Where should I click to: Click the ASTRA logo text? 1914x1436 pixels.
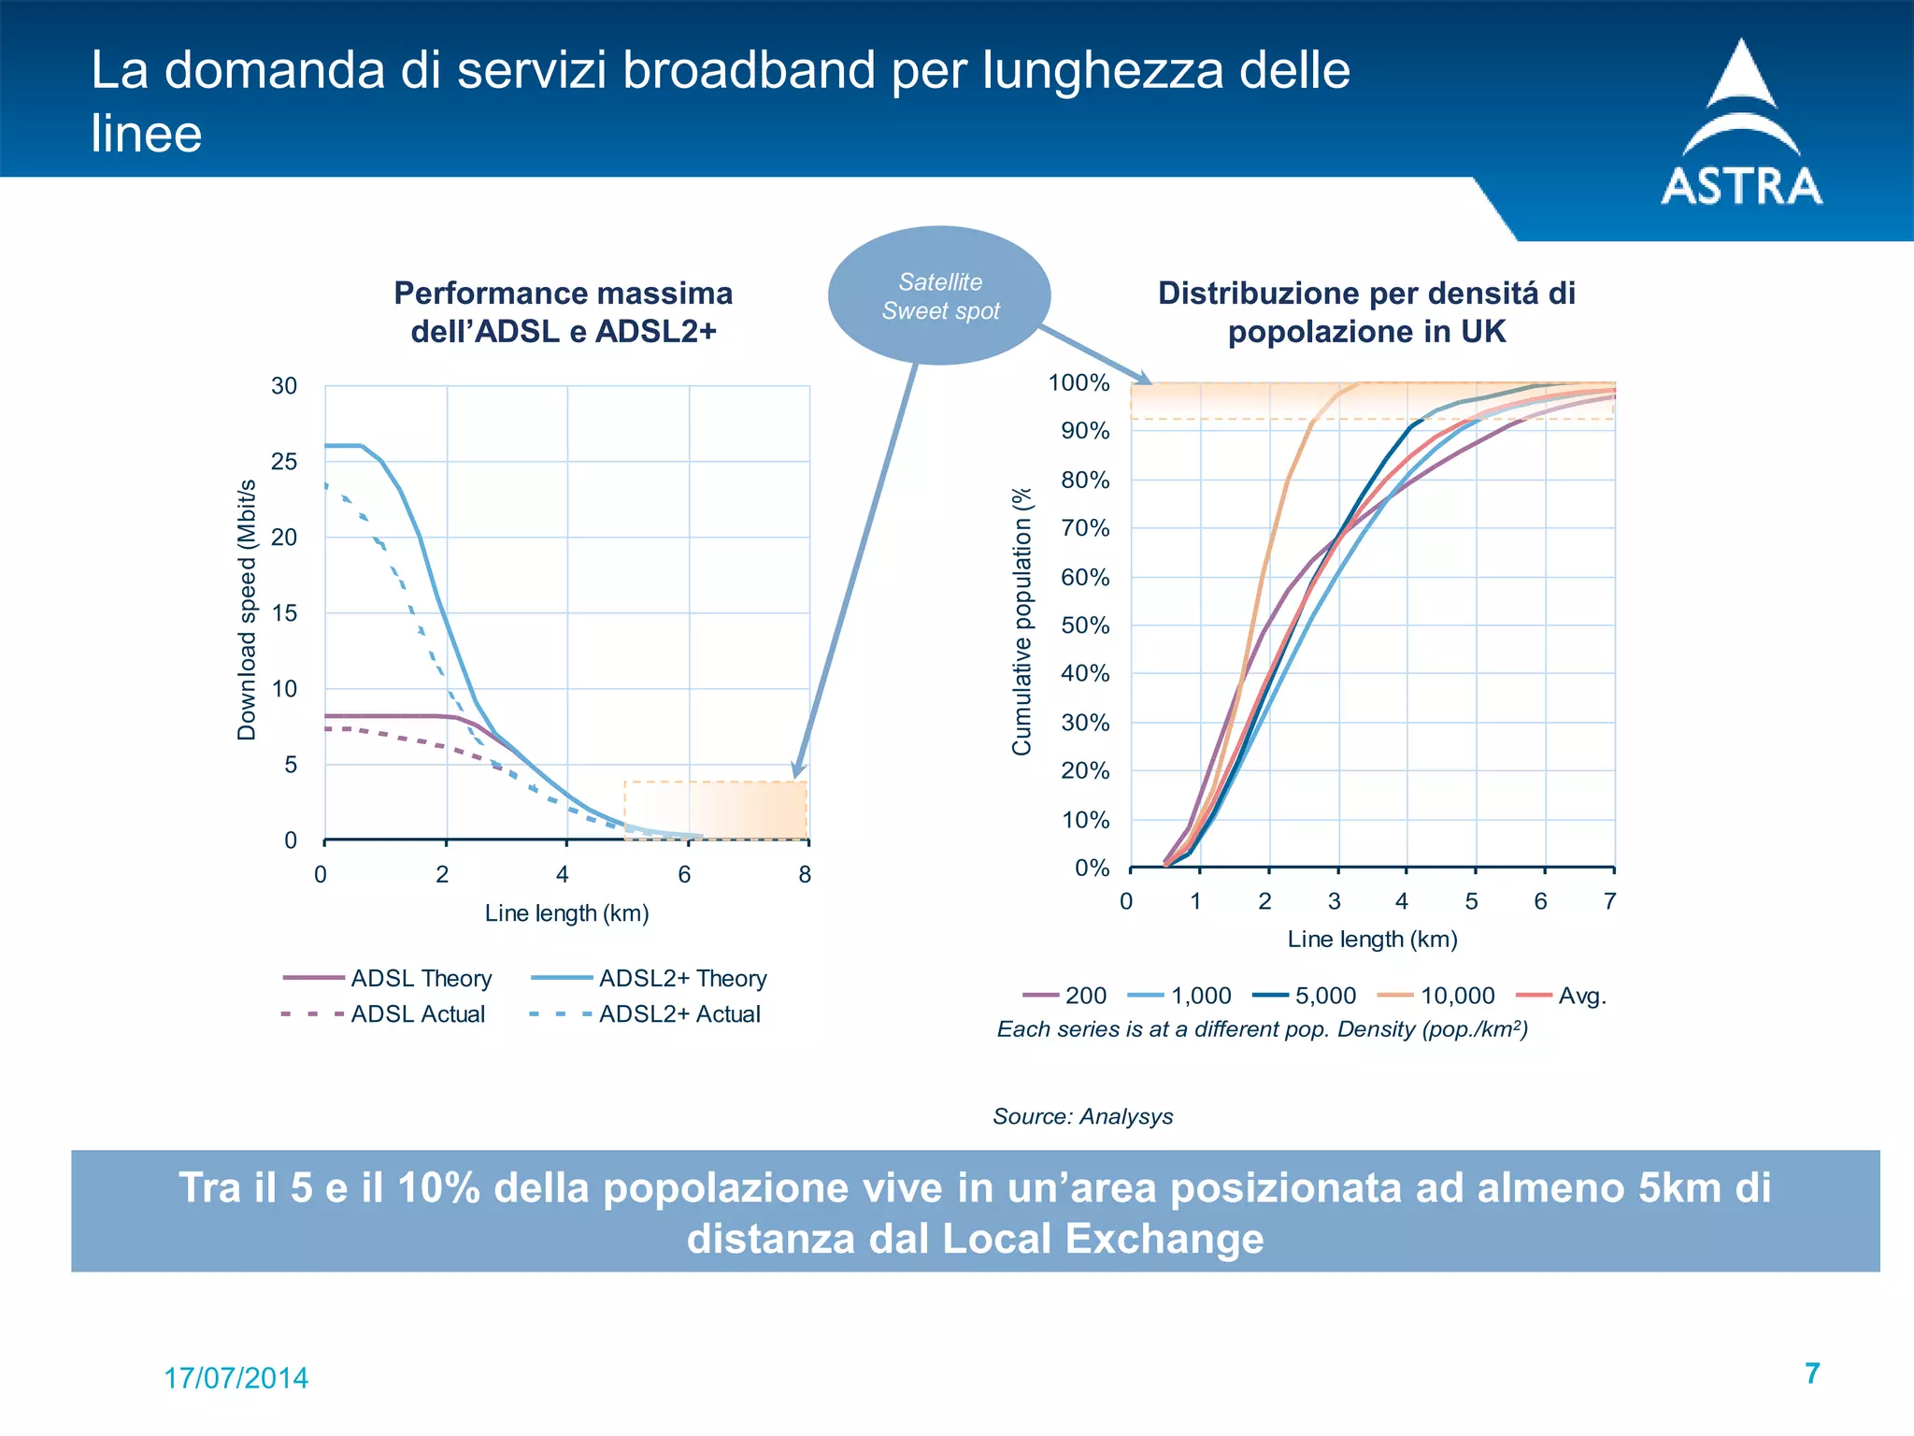click(1741, 186)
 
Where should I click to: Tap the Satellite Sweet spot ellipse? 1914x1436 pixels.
click(939, 295)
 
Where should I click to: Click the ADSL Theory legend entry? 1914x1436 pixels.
click(389, 978)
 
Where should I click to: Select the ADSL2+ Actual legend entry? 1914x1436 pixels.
click(645, 1013)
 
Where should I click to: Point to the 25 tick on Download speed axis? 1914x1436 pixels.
click(284, 462)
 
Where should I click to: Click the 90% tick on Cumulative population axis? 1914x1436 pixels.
click(1085, 431)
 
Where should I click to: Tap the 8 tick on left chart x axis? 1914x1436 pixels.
click(805, 875)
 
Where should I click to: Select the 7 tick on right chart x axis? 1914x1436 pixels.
click(1609, 901)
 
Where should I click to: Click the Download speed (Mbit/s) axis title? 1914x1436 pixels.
click(247, 610)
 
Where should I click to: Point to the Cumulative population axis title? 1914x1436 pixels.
click(1021, 621)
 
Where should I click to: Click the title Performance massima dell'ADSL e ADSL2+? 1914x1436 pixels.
click(563, 312)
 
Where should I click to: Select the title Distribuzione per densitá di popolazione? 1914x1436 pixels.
click(1366, 312)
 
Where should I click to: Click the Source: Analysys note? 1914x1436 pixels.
click(1082, 1116)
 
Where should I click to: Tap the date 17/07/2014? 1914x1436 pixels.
click(236, 1378)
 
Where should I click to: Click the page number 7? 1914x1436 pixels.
click(1812, 1373)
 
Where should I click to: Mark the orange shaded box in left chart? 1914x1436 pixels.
click(716, 811)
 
